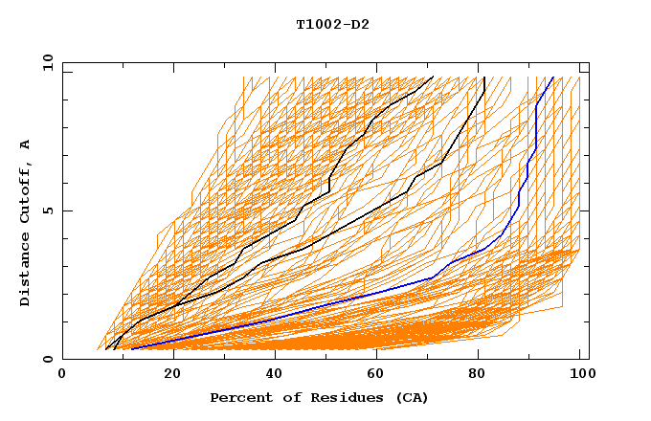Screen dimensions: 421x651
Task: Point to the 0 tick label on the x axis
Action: pyautogui.click(x=62, y=374)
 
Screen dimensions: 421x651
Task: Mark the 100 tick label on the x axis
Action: pyautogui.click(x=581, y=374)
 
